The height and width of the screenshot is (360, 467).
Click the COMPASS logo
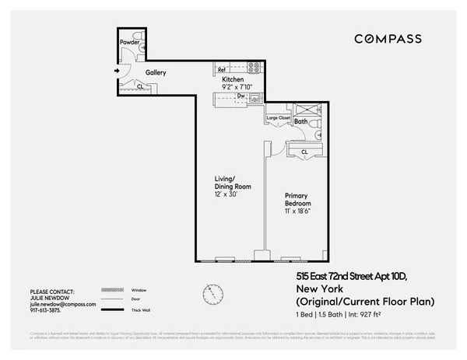click(x=388, y=39)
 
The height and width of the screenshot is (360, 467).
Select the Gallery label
click(x=156, y=72)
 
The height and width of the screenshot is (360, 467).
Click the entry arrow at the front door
click(x=116, y=72)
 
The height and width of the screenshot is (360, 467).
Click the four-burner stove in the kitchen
click(x=254, y=67)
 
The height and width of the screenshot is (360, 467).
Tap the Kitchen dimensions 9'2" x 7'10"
click(x=237, y=88)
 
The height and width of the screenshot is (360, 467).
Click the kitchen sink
click(x=252, y=99)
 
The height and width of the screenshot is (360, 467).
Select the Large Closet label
click(x=278, y=118)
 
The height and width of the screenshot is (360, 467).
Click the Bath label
click(x=300, y=122)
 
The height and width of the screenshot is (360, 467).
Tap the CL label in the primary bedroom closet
click(x=305, y=151)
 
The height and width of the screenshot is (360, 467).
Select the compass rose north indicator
click(x=211, y=294)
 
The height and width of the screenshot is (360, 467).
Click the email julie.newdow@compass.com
click(x=62, y=305)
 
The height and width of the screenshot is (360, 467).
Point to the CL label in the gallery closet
click(x=139, y=86)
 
